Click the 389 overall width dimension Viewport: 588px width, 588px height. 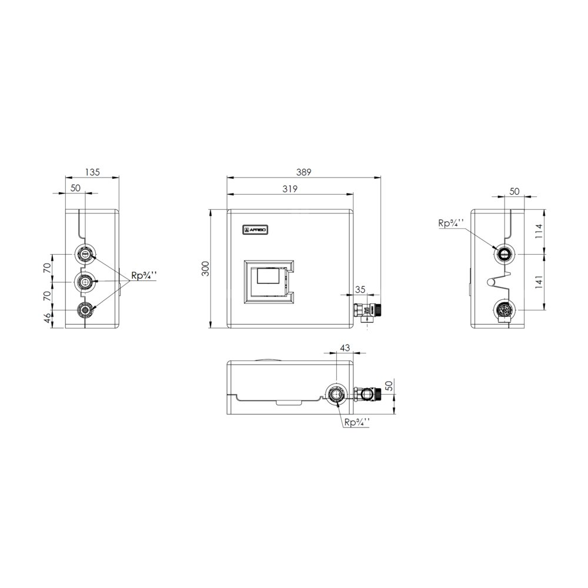click(x=304, y=172)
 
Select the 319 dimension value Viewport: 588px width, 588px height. click(x=290, y=189)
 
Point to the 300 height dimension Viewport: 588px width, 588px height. click(x=205, y=269)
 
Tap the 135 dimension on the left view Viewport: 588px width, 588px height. click(x=92, y=172)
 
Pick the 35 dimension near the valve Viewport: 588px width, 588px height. click(x=360, y=289)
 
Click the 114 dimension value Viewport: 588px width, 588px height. click(x=539, y=231)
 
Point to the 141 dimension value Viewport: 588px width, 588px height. click(x=539, y=282)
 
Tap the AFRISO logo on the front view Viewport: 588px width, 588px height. click(x=255, y=230)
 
